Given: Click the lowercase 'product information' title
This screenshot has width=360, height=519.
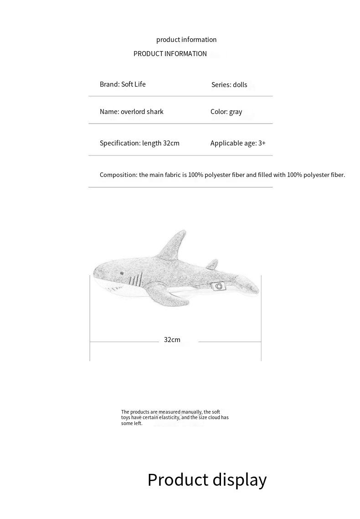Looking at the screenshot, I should click(x=186, y=40).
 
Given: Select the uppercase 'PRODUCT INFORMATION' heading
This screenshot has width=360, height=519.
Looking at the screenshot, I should click(x=170, y=54).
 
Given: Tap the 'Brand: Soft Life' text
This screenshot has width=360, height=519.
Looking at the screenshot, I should click(x=123, y=84).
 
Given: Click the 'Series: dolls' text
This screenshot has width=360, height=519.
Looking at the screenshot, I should click(x=229, y=85).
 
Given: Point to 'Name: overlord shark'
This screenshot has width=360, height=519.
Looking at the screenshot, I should click(x=131, y=112).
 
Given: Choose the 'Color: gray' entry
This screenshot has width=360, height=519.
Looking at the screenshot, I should click(x=226, y=112).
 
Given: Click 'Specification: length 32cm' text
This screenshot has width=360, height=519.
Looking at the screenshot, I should click(x=139, y=143).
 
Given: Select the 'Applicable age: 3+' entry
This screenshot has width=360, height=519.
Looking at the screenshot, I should click(x=238, y=143).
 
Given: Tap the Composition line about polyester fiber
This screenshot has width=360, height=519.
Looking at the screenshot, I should click(x=222, y=175).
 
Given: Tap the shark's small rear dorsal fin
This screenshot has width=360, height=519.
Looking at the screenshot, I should click(x=212, y=264).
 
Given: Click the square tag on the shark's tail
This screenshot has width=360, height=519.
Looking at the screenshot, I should click(x=218, y=286).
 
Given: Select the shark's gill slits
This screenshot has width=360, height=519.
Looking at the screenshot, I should click(x=134, y=280).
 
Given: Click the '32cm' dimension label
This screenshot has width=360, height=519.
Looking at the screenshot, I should click(x=172, y=340).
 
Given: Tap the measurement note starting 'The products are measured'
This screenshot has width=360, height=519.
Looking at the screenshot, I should click(x=175, y=417).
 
